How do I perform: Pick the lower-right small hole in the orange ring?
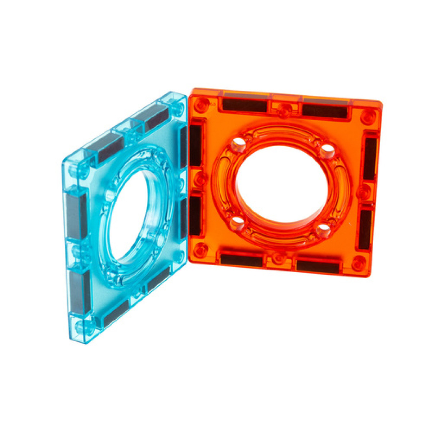click(x=324, y=228)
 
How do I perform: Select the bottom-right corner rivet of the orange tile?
click(x=359, y=264)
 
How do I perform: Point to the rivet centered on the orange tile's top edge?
click(x=285, y=110)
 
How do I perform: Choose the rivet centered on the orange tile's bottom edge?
click(x=278, y=258)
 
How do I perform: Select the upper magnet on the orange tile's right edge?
click(x=370, y=158)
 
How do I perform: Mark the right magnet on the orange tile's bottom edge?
click(x=318, y=266)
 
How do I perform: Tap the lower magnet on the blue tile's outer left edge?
click(x=80, y=292)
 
